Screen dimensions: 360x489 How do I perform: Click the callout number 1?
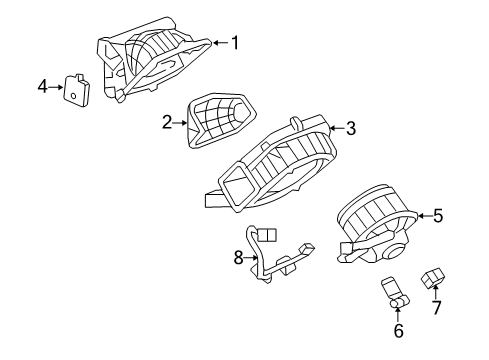(x=235, y=42)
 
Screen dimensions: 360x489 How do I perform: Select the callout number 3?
(x=351, y=128)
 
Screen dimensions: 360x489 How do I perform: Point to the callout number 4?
(x=43, y=87)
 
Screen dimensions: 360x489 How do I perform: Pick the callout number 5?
(x=437, y=215)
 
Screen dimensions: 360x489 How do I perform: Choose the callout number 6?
(x=398, y=330)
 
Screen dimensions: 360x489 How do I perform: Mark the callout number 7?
(x=435, y=310)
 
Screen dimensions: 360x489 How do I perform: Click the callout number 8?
(x=238, y=257)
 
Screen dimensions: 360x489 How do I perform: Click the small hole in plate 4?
(x=73, y=95)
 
